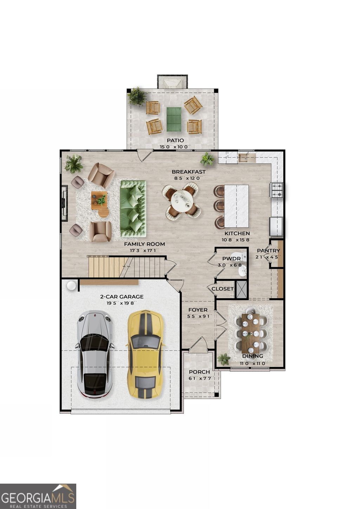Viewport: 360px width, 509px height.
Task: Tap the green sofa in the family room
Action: pos(133,208)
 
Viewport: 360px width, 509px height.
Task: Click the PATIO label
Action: pos(175,140)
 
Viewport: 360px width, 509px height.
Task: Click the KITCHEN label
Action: pos(237,233)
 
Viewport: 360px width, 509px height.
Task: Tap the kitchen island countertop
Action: pos(236,206)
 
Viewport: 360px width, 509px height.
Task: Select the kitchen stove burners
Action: pos(277,190)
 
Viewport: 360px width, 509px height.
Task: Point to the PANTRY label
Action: pos(268,251)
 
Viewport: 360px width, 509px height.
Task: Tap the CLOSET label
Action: pos(223,289)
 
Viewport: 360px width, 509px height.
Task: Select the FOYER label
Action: pos(198,310)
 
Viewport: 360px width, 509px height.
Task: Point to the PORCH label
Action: pos(199,372)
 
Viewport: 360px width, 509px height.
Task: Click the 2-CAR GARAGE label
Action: pos(122,296)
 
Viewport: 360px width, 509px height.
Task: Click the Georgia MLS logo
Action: pos(38,496)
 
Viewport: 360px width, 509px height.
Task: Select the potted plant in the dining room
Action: pos(223,359)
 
